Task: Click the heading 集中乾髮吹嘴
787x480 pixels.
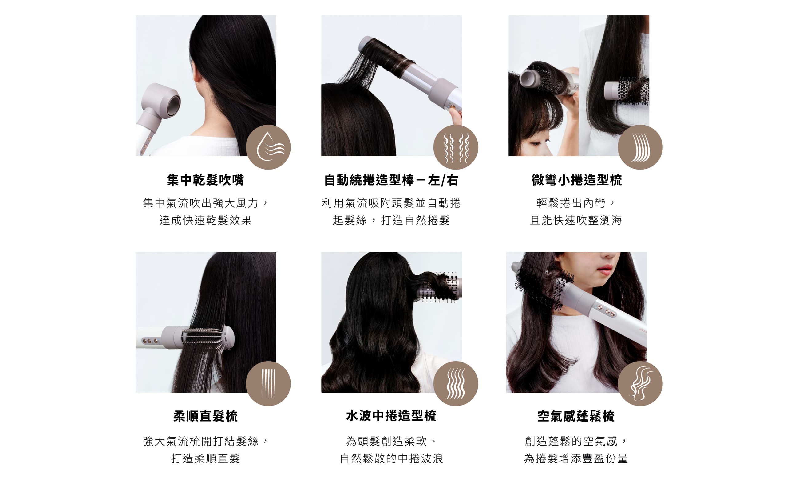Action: pyautogui.click(x=205, y=180)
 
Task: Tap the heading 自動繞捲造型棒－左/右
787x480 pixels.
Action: pyautogui.click(x=391, y=180)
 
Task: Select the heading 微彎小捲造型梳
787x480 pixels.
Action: pyautogui.click(x=577, y=180)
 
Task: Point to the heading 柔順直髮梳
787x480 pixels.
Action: pyautogui.click(x=205, y=416)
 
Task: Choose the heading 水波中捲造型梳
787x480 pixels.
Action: pyautogui.click(x=391, y=416)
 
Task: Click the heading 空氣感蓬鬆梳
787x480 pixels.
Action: pyautogui.click(x=576, y=416)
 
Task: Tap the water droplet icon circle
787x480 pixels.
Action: pyautogui.click(x=268, y=147)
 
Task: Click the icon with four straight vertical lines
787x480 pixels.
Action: pyautogui.click(x=268, y=383)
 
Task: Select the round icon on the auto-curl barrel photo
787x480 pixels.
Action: pyautogui.click(x=456, y=147)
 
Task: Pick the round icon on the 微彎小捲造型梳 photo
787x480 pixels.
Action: pyautogui.click(x=640, y=147)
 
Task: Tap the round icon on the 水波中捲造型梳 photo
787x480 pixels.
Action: pyautogui.click(x=456, y=383)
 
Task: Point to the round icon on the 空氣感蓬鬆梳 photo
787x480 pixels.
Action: pyautogui.click(x=640, y=383)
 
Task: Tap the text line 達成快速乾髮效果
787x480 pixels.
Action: pyautogui.click(x=205, y=220)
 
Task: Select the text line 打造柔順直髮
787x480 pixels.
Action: pyautogui.click(x=205, y=458)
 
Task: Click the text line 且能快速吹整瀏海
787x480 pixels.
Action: pyautogui.click(x=576, y=220)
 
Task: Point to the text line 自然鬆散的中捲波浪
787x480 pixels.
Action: pyautogui.click(x=391, y=458)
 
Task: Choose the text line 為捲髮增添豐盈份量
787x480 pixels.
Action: pyautogui.click(x=576, y=458)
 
